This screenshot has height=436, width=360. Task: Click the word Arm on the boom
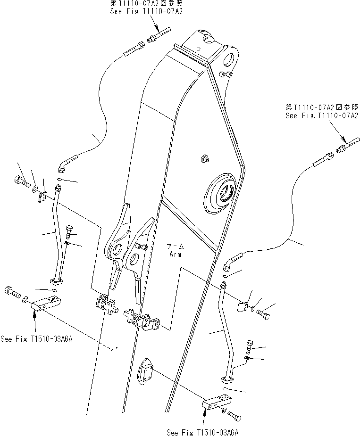(x=176, y=254)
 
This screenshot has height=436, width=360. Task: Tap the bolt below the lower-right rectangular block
(x=234, y=415)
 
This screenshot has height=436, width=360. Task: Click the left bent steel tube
(x=59, y=236)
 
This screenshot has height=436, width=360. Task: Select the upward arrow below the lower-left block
(x=35, y=323)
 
